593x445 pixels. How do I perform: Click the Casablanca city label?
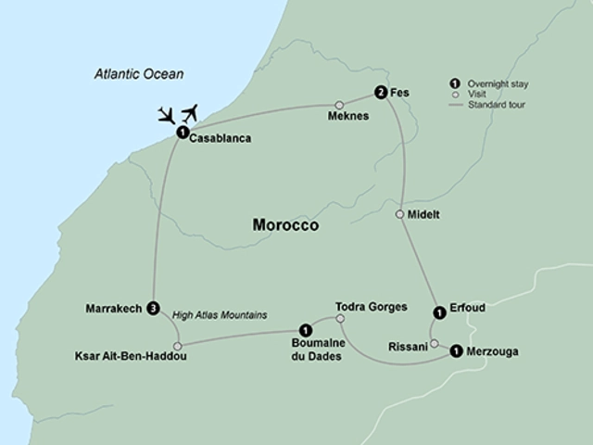(x=220, y=140)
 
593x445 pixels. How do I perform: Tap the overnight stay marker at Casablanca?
(x=182, y=132)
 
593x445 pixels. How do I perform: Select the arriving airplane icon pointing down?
(x=167, y=116)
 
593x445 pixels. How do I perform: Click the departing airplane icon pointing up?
(x=192, y=113)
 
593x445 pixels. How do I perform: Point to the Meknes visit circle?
(x=339, y=105)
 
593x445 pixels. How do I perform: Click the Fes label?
(x=400, y=94)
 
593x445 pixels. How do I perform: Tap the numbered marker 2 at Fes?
(x=380, y=92)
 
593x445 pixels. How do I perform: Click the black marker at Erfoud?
(x=438, y=311)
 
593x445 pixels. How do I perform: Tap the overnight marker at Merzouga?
(x=456, y=350)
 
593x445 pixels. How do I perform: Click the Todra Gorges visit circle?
(x=340, y=320)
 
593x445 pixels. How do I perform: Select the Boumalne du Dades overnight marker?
(x=304, y=328)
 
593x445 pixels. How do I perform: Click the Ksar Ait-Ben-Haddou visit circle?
(x=177, y=347)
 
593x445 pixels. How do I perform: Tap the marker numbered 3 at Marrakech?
(x=153, y=309)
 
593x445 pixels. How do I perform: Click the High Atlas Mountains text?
(x=220, y=315)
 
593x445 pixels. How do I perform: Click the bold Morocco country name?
(x=285, y=225)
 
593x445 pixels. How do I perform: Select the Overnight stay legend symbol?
(x=456, y=81)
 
